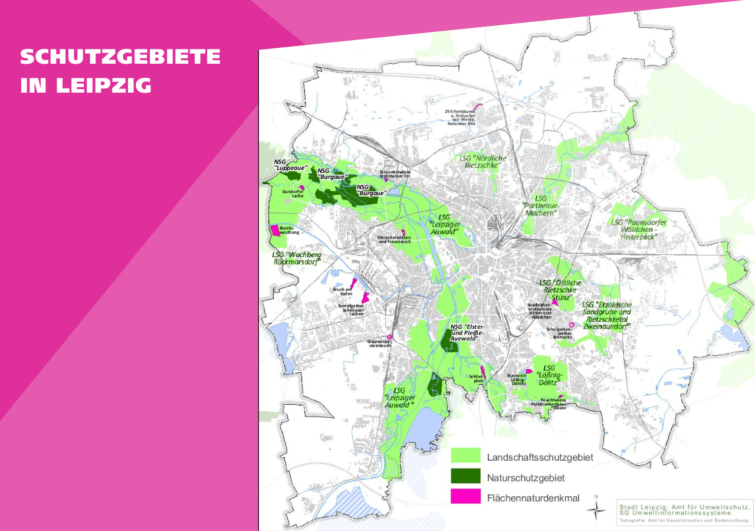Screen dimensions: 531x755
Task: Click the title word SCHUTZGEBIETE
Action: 120,57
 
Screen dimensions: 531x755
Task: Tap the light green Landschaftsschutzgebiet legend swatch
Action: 466,455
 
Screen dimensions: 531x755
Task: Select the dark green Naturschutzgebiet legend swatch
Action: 466,476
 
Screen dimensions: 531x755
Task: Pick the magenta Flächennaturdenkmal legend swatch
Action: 466,497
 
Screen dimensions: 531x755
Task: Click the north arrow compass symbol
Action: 596,509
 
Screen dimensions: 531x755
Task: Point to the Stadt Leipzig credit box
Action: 685,512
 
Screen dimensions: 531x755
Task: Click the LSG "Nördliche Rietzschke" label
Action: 482,162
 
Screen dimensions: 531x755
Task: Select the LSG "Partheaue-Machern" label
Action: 540,206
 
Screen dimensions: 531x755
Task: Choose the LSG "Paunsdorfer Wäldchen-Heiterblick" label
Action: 639,229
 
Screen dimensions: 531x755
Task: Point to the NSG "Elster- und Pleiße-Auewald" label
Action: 467,333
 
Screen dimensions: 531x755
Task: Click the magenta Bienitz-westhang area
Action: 275,230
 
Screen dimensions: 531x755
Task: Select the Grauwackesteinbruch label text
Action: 380,343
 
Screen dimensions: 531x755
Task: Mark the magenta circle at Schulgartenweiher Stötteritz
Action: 572,324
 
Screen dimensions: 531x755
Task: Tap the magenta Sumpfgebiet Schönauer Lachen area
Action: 366,297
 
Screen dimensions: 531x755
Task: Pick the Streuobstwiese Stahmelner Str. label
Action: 395,173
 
